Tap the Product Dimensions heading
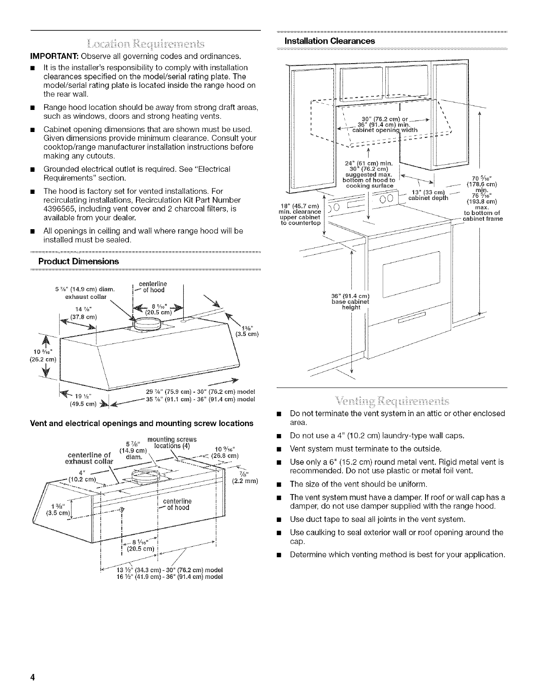click(x=81, y=261)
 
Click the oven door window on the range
click(x=411, y=274)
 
